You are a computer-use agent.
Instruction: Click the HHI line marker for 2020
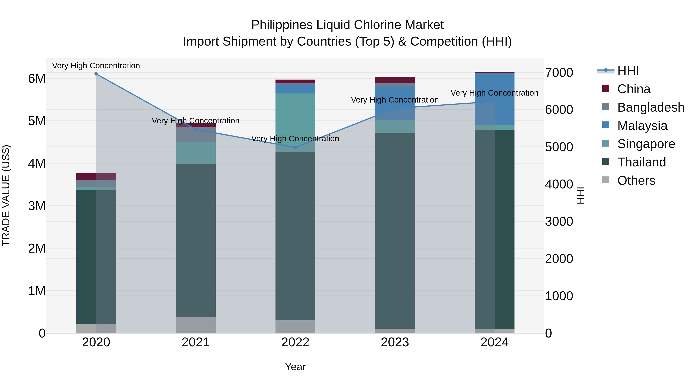pyautogui.click(x=96, y=74)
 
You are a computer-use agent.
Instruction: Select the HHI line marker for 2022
pyautogui.click(x=295, y=147)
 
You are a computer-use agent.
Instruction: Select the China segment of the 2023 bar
pyautogui.click(x=395, y=80)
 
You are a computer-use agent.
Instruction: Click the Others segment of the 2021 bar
pyautogui.click(x=196, y=325)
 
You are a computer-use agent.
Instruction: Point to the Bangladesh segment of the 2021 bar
pyautogui.click(x=196, y=135)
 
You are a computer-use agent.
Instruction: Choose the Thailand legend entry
pyautogui.click(x=641, y=162)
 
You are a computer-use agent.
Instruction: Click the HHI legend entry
pyautogui.click(x=628, y=71)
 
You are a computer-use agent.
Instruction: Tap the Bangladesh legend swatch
pyautogui.click(x=606, y=107)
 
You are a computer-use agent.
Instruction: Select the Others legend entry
pyautogui.click(x=636, y=181)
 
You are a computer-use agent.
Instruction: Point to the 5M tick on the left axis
pyautogui.click(x=37, y=121)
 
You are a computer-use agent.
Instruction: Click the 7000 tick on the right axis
pyautogui.click(x=559, y=73)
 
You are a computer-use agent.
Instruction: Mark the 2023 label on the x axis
pyautogui.click(x=395, y=342)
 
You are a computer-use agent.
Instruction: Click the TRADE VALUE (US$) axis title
pyautogui.click(x=6, y=195)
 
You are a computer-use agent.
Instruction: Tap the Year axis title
pyautogui.click(x=295, y=367)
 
